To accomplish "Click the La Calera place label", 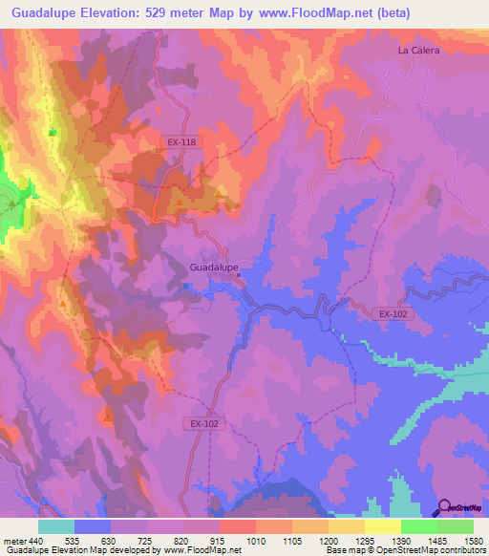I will (418, 51).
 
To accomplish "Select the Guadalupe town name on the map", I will (214, 267).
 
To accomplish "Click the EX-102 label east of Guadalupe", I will (392, 312).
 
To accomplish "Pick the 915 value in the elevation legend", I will (220, 540).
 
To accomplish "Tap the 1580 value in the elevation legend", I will (473, 540).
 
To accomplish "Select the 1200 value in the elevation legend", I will (328, 540).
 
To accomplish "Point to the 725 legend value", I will (147, 540).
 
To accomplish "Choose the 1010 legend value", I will (256, 540).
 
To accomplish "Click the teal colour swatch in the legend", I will (56, 526).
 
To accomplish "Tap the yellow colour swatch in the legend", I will (383, 526).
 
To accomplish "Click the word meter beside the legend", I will (12, 540).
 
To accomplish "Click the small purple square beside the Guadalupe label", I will (240, 276).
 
